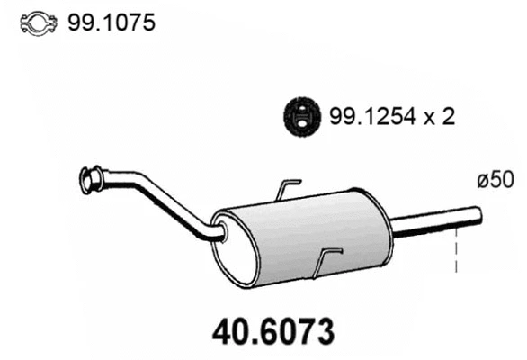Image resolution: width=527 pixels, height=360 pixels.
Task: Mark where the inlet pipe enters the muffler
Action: [x=219, y=234]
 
